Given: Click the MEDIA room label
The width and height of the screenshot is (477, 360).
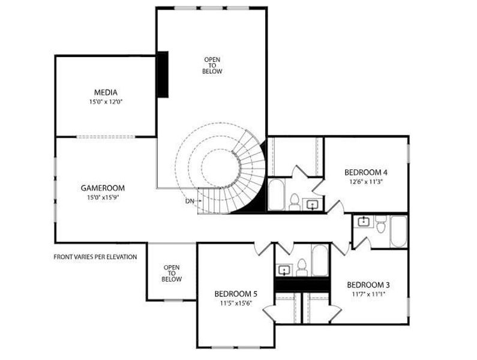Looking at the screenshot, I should [105, 92].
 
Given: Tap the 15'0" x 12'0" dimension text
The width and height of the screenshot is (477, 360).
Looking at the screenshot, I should [105, 102].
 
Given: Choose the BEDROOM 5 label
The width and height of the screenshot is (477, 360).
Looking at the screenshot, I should [236, 294].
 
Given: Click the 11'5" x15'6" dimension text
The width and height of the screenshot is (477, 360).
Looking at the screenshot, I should [236, 304].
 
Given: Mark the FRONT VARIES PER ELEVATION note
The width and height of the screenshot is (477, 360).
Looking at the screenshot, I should [95, 257].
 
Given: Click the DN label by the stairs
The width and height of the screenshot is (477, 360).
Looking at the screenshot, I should [190, 200].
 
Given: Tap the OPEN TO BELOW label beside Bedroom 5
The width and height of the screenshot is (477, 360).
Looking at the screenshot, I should [172, 274].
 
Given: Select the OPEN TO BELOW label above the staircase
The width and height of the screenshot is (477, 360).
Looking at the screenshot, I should [212, 65].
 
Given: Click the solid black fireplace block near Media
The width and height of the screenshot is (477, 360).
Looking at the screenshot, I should [162, 74].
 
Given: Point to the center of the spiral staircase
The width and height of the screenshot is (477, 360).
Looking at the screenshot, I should [217, 164].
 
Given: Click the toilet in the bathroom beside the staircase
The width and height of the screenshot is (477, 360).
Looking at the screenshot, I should [295, 202].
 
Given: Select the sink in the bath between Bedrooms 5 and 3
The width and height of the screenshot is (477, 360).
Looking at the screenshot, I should [284, 269].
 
